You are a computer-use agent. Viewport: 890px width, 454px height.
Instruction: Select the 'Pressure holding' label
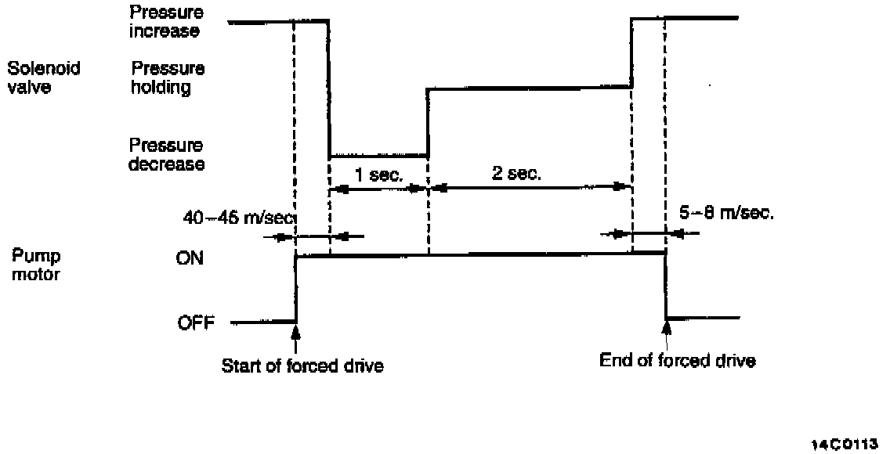pyautogui.click(x=168, y=77)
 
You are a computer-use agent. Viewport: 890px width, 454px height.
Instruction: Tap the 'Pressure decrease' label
pyautogui.click(x=167, y=155)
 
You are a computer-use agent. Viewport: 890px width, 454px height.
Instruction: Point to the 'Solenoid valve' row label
pyautogui.click(x=44, y=77)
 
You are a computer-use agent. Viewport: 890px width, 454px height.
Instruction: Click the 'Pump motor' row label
pyautogui.click(x=35, y=265)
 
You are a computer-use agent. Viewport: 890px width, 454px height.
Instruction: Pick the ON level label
pyautogui.click(x=190, y=258)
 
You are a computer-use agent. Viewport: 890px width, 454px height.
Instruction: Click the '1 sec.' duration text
pyautogui.click(x=374, y=175)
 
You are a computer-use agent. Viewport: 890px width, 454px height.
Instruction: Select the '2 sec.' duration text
pyautogui.click(x=516, y=175)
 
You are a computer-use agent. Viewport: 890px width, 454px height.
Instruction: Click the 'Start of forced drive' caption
pyautogui.click(x=302, y=366)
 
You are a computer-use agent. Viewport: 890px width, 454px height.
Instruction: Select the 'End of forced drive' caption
pyautogui.click(x=678, y=361)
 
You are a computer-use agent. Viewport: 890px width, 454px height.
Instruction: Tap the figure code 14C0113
pyautogui.click(x=845, y=442)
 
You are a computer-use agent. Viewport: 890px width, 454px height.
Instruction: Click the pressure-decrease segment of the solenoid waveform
pyautogui.click(x=378, y=155)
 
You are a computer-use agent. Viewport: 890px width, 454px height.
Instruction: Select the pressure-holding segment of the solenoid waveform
pyautogui.click(x=529, y=88)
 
